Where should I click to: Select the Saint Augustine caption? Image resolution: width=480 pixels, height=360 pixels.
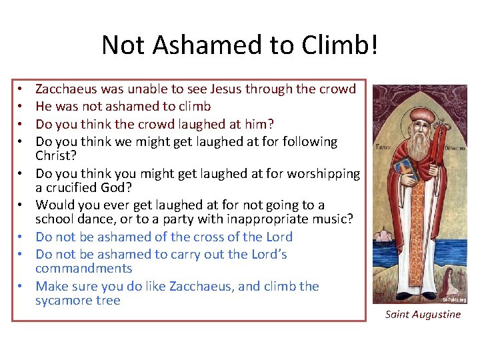pos(423,315)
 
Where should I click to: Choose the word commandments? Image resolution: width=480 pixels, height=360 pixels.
pos(84,269)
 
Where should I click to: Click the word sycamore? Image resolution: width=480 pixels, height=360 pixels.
pos(65,301)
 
